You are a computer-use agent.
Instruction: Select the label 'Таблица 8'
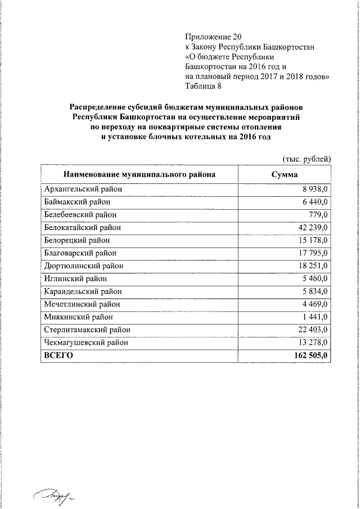point(204,85)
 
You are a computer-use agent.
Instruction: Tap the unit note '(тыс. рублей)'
point(307,159)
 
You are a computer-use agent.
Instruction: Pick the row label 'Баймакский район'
point(76,202)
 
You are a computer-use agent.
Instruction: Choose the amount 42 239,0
point(312,228)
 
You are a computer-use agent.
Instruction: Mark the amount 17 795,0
point(312,253)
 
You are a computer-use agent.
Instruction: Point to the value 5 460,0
point(314,278)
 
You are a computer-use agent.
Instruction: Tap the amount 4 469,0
point(314,304)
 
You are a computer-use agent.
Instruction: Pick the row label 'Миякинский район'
point(77,317)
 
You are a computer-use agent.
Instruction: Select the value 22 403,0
point(312,330)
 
